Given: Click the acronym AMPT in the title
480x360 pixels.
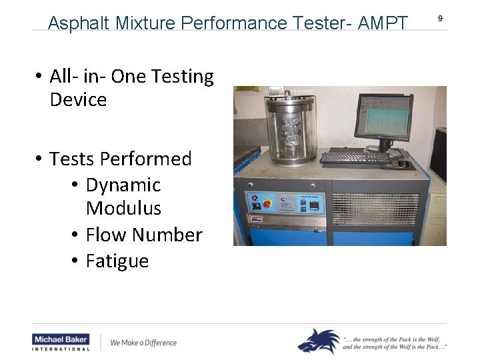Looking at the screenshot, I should [x=383, y=23].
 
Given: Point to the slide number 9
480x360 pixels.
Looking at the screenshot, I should [x=440, y=19].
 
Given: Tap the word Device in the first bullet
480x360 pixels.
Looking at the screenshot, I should [x=78, y=100].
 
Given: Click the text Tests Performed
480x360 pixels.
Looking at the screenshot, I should [x=120, y=159].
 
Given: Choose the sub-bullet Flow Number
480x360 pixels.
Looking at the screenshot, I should [x=143, y=235].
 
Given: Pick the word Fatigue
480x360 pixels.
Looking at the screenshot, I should [x=117, y=261].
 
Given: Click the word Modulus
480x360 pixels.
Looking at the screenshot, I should [x=123, y=209].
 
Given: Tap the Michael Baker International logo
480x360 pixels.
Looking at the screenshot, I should [x=61, y=342].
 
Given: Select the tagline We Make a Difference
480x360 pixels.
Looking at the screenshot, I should [x=143, y=343].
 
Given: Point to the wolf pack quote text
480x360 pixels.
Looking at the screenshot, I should [x=395, y=342].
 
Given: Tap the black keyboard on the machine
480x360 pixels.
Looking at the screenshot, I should [x=355, y=158].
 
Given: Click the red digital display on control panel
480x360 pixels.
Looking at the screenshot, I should [x=310, y=205].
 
